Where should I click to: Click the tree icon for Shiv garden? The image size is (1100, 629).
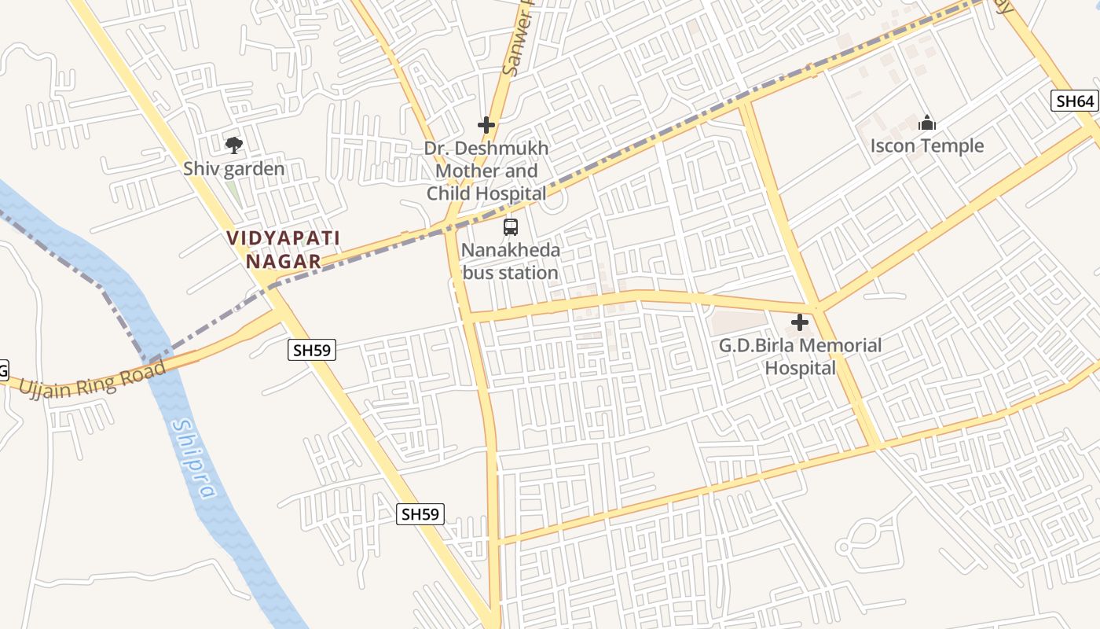click(233, 145)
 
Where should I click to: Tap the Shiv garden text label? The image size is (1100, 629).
click(233, 168)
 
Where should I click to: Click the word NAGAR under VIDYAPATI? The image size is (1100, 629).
click(284, 261)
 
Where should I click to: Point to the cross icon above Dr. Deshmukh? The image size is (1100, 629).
click(486, 125)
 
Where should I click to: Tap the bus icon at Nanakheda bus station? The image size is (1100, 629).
click(511, 227)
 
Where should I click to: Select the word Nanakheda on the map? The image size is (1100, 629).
click(511, 251)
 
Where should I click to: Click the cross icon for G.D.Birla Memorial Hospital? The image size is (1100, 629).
click(800, 322)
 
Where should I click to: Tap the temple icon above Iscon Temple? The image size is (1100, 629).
click(927, 123)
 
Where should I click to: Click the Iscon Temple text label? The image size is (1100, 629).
click(927, 146)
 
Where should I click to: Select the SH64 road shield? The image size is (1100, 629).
click(1073, 100)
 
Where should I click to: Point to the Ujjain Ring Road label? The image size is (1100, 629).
click(93, 379)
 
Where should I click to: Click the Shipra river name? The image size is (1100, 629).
click(193, 459)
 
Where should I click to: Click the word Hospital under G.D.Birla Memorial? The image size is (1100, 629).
click(800, 368)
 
